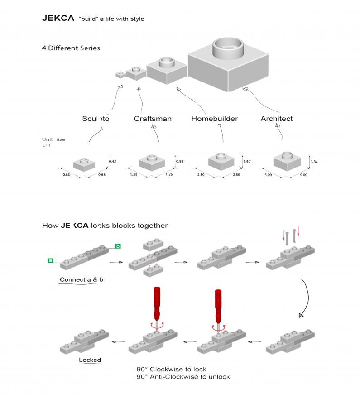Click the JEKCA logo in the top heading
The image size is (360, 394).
[58, 19]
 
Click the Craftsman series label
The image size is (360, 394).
[153, 119]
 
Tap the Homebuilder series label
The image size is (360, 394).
[214, 119]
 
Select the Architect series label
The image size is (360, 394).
[276, 119]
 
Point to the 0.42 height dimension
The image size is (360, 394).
[113, 162]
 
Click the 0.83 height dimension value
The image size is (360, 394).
[179, 162]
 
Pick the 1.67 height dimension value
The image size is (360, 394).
[247, 162]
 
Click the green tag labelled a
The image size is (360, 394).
[50, 260]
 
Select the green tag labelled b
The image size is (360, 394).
[118, 246]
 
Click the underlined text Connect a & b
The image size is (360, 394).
[82, 279]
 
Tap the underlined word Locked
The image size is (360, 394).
[90, 360]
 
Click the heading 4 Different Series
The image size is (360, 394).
[71, 48]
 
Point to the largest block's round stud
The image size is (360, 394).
[228, 48]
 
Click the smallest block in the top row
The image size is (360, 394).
[120, 74]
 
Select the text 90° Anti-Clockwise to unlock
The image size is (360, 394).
[183, 377]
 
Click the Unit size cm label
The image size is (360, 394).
[53, 142]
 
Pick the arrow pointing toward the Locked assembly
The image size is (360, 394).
[118, 342]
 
